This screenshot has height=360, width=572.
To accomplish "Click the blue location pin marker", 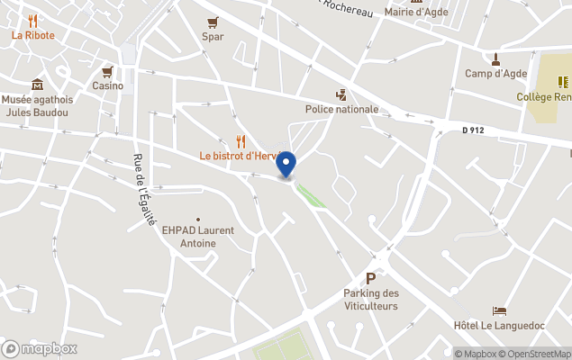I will coord(286,165).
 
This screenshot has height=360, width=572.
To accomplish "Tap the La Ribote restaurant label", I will coord(33,35).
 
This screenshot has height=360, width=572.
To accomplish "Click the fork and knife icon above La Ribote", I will coord(33,20).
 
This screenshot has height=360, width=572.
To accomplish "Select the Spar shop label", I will coord(213,37).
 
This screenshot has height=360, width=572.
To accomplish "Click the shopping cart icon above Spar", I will coord(213,22).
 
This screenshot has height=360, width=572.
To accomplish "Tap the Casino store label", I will coord(107,85).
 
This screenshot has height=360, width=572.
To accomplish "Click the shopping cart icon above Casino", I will coord(107,71).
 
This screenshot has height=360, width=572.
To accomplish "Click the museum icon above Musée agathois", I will coord(37,84).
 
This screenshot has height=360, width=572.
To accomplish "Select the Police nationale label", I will coord(341,109).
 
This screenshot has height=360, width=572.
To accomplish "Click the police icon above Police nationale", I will coord(340,94).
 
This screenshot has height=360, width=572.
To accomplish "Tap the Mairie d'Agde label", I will coord(416,12).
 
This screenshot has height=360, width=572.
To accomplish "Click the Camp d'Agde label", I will coord(496,74).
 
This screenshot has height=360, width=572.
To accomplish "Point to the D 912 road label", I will coord(473,130).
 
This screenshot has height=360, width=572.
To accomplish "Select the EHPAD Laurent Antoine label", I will coord(197,237).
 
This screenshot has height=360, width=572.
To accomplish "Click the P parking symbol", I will coord(370,279).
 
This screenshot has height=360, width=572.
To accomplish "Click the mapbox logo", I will coord(41,348).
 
